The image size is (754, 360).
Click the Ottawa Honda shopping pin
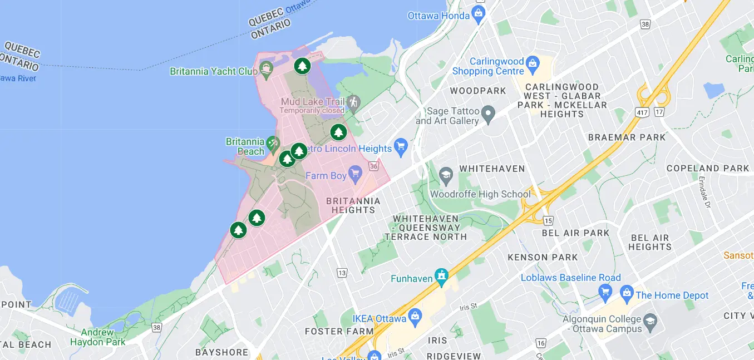pyautogui.click(x=478, y=14)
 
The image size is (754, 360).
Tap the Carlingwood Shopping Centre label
pyautogui.click(x=488, y=66)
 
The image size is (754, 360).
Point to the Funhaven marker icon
pyautogui.click(x=441, y=276)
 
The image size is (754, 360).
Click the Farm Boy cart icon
pyautogui.click(x=355, y=175)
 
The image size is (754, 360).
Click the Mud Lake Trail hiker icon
pyautogui.click(x=353, y=103)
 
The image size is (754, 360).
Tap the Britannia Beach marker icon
pyautogui.click(x=273, y=144)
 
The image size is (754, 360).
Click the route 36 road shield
pyautogui.click(x=373, y=166)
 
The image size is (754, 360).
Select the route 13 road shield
pyautogui.click(x=342, y=273)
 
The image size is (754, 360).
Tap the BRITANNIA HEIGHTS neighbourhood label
pyautogui.click(x=353, y=205)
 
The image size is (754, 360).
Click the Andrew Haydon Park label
pyautogui.click(x=98, y=337)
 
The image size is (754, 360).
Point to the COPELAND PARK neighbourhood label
pyautogui.click(x=708, y=168)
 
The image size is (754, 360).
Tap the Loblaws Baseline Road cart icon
pyautogui.click(x=605, y=291)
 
